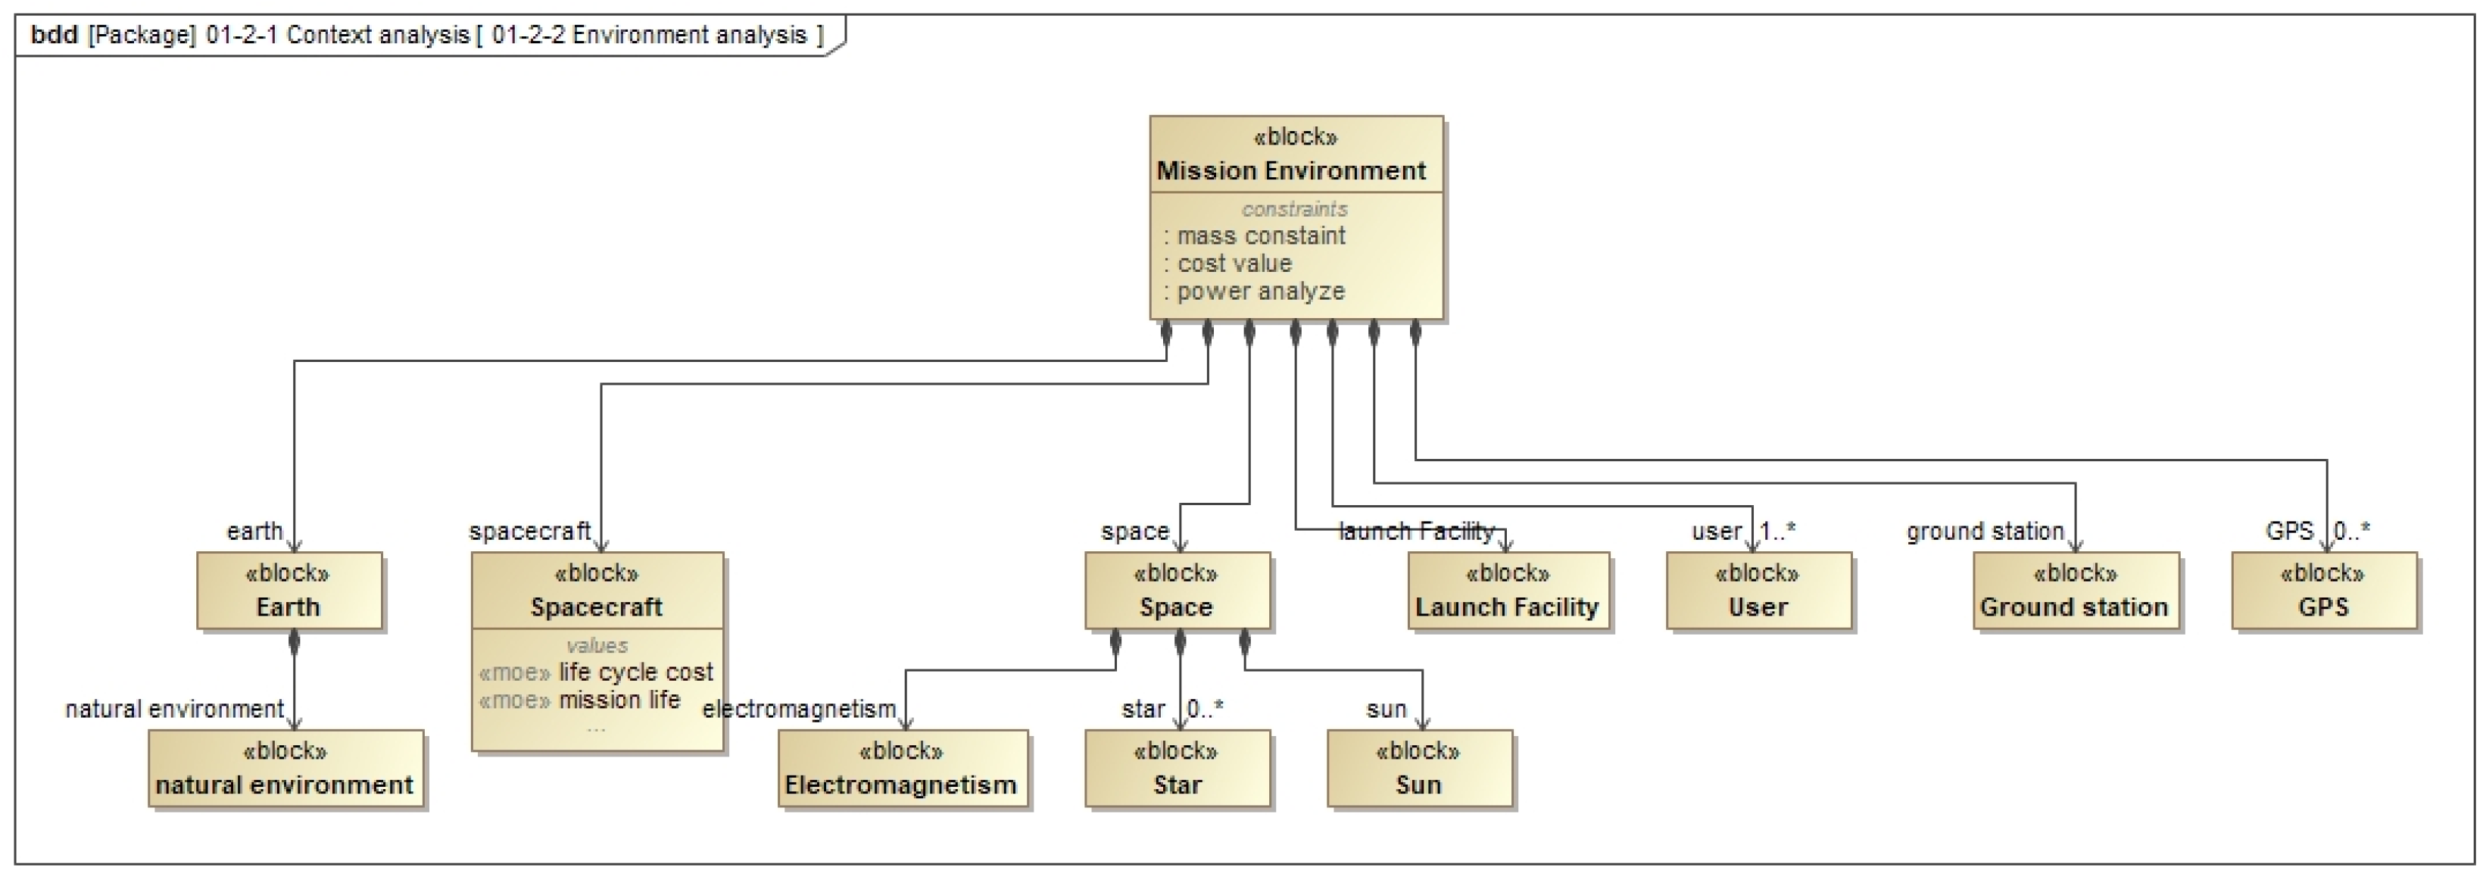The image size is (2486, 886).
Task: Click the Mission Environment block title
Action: (x=1290, y=171)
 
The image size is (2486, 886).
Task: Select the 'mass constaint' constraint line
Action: (x=1259, y=236)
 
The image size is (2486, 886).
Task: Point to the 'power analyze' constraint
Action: (x=1259, y=292)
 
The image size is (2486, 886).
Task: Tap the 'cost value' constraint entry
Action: (x=1234, y=264)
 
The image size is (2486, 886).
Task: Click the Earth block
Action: (x=289, y=591)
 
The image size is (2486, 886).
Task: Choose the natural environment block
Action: (x=285, y=769)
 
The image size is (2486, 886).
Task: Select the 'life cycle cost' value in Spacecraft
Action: (x=635, y=672)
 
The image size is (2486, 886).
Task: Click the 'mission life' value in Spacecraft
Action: (x=619, y=700)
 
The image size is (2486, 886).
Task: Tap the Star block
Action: (x=1177, y=769)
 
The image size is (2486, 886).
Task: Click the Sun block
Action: (x=1418, y=769)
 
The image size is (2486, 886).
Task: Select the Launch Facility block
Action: (x=1508, y=591)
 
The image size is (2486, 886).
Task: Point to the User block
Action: (x=1758, y=591)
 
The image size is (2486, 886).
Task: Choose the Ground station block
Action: (x=2075, y=591)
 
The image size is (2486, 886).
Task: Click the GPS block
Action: (x=2323, y=591)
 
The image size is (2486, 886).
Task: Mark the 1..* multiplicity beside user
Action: (x=1778, y=531)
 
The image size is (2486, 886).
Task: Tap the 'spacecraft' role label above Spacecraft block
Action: (x=529, y=531)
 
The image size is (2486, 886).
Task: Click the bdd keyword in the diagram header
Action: (x=54, y=36)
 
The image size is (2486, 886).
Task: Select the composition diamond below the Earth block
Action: (x=295, y=641)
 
